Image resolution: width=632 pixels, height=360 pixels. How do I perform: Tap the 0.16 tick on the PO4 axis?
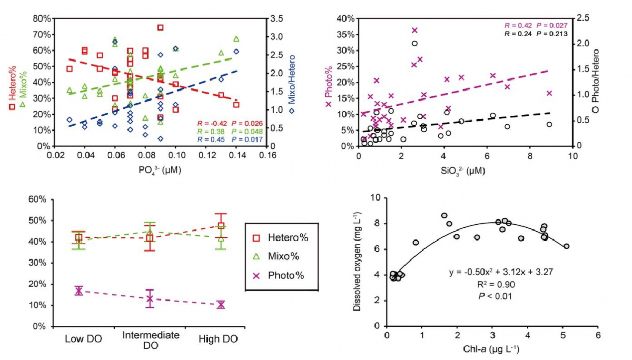pos(268,156)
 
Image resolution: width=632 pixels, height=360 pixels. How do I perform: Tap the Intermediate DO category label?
pos(150,339)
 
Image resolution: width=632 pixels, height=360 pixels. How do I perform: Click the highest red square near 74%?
pos(161,27)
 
